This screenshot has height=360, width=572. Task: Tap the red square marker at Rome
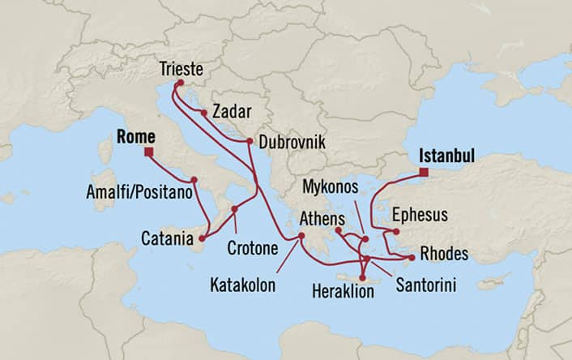click(149, 151)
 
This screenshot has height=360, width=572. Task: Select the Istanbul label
click(447, 155)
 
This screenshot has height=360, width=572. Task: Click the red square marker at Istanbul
click(424, 171)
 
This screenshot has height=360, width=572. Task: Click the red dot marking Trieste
click(179, 83)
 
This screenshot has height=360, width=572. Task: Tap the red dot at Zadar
click(203, 114)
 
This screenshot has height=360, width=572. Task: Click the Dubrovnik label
click(292, 141)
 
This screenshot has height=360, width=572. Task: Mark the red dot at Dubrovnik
click(250, 141)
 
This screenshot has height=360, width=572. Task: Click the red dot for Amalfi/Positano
click(194, 180)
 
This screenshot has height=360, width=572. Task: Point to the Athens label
click(322, 217)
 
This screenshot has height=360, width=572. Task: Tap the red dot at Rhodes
click(412, 258)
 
